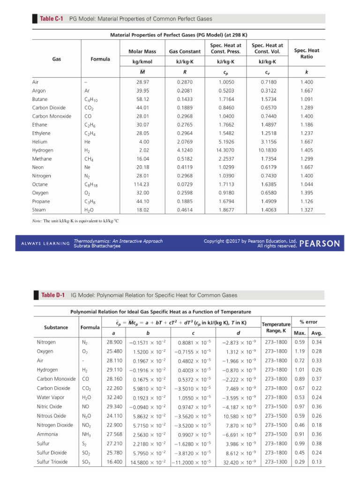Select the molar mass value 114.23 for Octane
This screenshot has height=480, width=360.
141,184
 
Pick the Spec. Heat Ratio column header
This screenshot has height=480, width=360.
307,53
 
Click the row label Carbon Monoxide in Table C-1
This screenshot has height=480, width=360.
52,116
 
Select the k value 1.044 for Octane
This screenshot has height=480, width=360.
307,184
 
